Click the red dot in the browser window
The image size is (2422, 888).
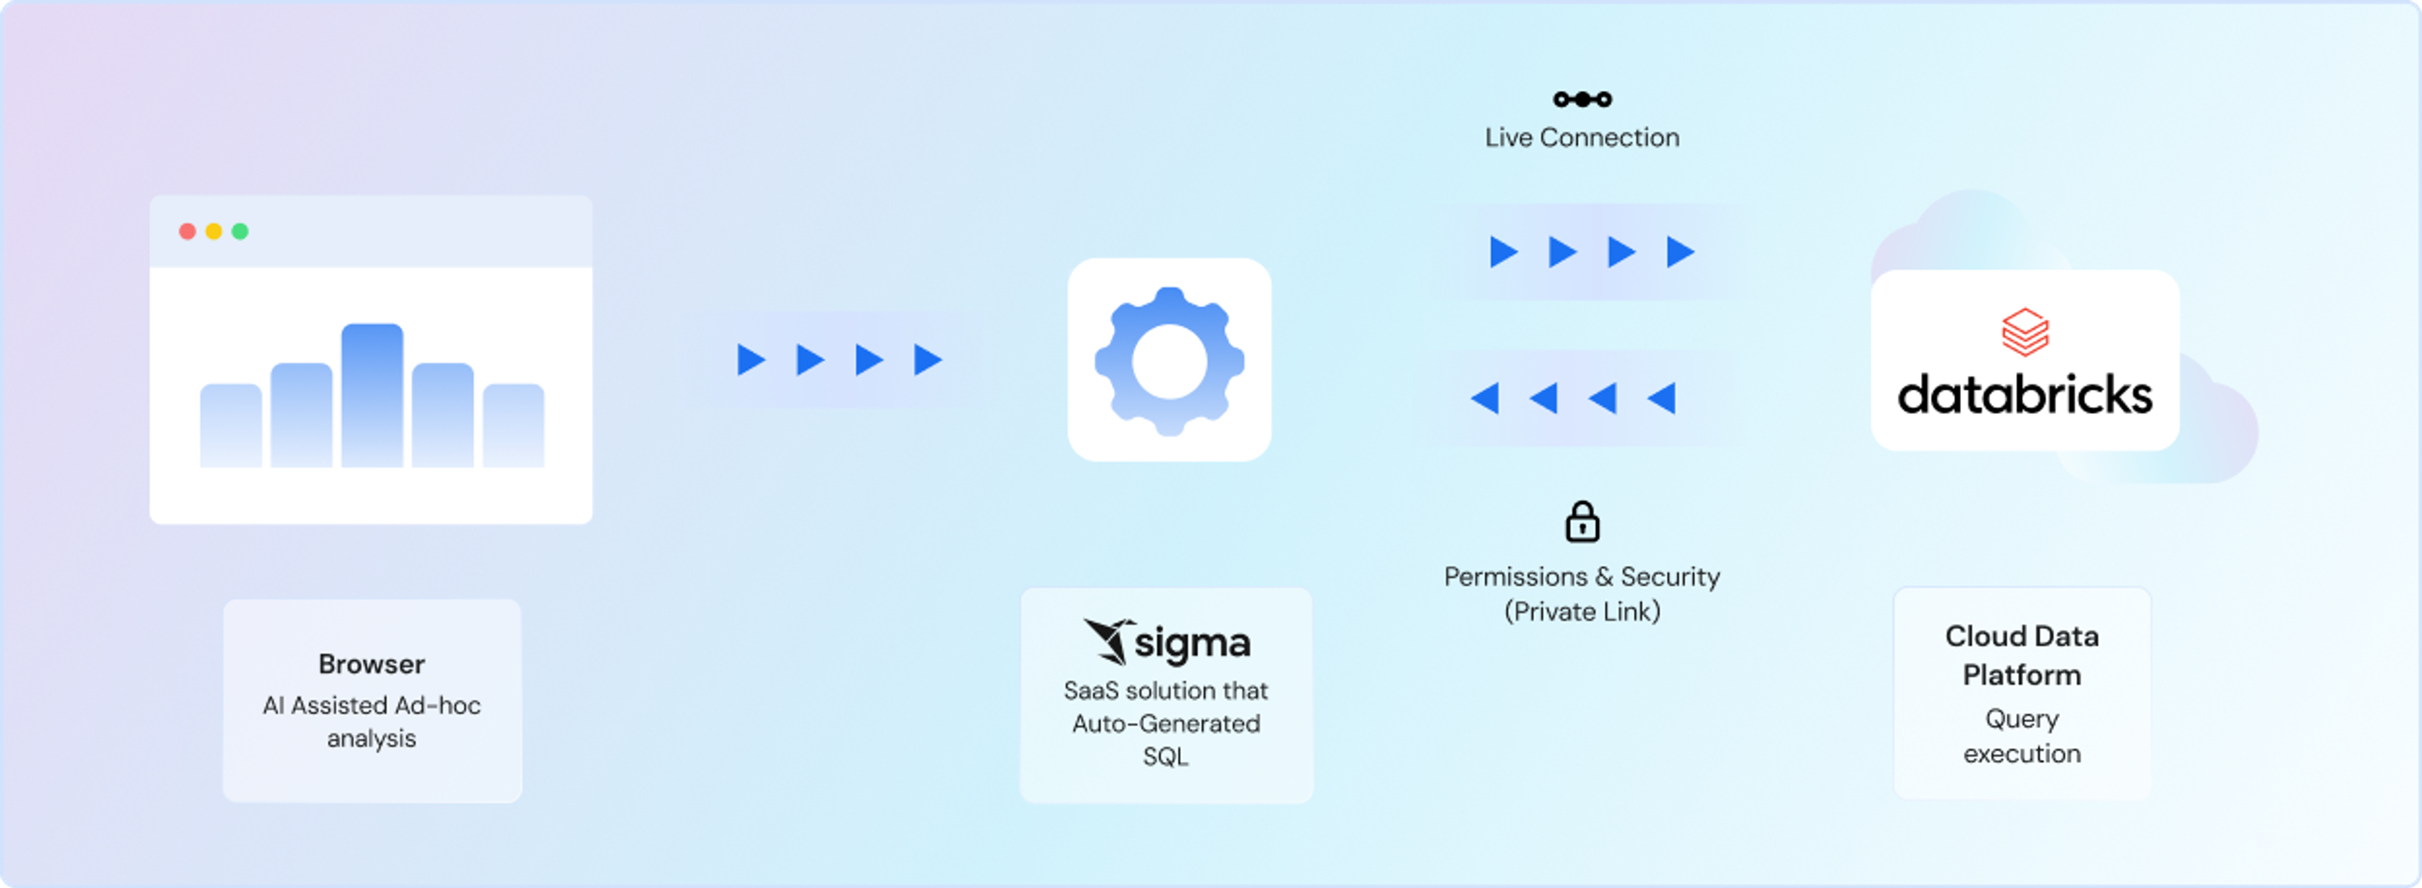pos(187,231)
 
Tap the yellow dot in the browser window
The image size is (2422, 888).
pos(213,231)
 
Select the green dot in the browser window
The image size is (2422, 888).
pos(240,231)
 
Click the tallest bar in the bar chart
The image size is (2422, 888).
pos(372,396)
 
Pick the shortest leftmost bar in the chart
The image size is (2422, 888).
pos(231,425)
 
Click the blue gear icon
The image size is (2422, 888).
pos(1169,361)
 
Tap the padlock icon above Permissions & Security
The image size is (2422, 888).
pos(1582,522)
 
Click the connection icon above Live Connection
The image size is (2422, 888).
pos(1582,99)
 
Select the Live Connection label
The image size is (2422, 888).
pos(1582,137)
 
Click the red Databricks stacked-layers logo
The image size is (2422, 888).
pos(2025,332)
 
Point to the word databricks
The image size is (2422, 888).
pos(2025,395)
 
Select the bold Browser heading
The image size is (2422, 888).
pos(371,664)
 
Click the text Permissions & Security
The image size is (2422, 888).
pos(1582,576)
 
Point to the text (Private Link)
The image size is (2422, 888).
pos(1582,612)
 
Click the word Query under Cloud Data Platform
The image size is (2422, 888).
pos(2022,720)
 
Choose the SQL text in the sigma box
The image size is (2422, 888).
pos(1166,756)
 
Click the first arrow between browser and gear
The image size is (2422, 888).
pos(751,360)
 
